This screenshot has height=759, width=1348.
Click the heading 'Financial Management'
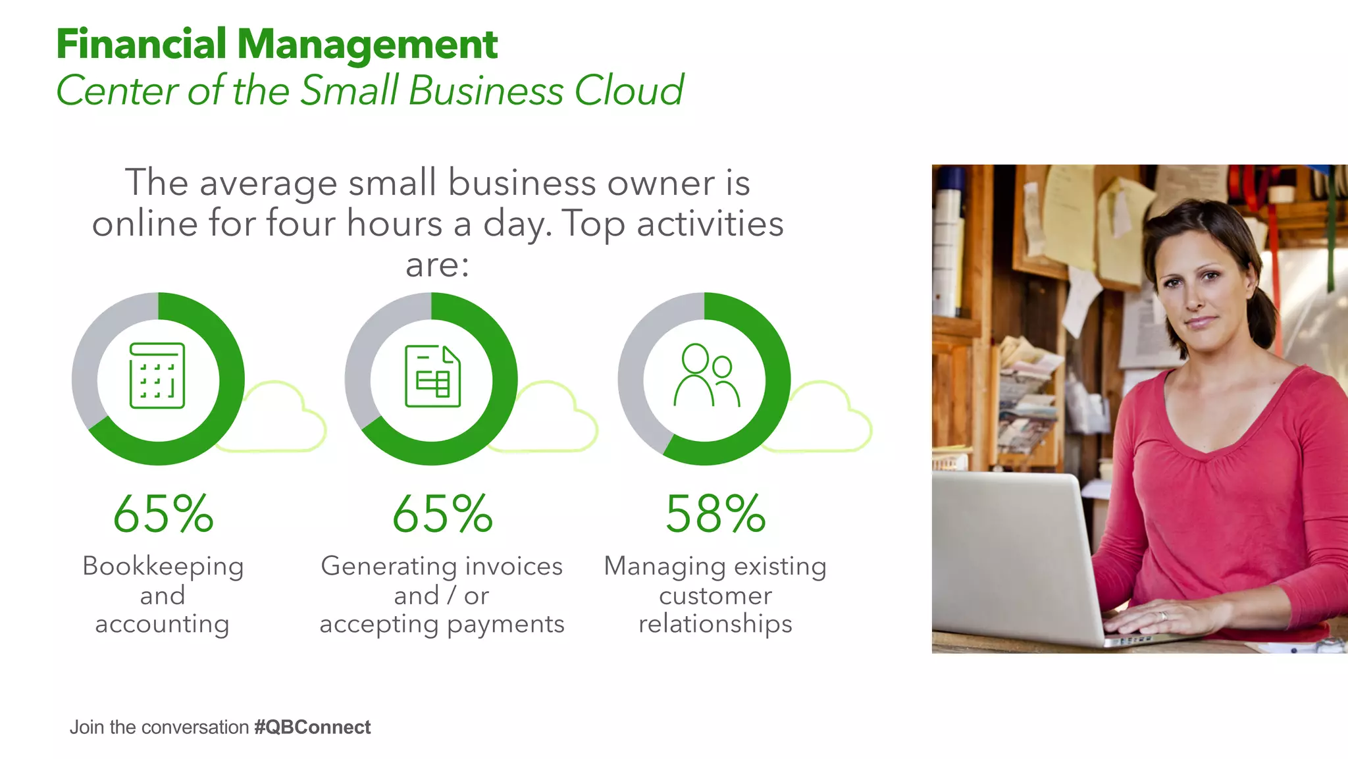tap(276, 45)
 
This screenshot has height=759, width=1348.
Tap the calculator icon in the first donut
tap(157, 376)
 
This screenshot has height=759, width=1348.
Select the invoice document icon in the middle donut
tap(432, 376)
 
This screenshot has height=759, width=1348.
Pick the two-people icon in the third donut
tap(706, 375)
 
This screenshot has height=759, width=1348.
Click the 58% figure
tap(715, 514)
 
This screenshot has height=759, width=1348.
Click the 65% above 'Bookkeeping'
tap(163, 514)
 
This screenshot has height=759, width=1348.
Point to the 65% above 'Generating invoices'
tap(442, 514)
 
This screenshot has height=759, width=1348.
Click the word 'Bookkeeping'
tap(163, 566)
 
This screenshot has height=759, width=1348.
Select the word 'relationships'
tap(715, 623)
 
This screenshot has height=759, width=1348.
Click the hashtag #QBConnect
tap(312, 727)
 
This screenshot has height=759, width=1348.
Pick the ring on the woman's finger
tap(1163, 616)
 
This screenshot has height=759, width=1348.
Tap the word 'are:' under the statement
tap(437, 265)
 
